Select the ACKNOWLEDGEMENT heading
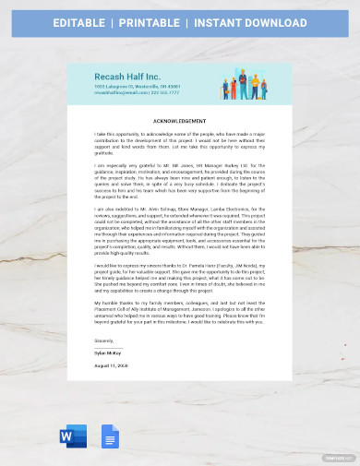click(180, 121)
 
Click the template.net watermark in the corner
click(338, 457)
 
